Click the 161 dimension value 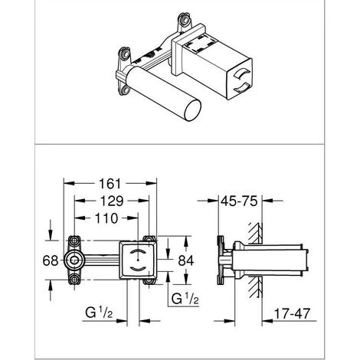point(110,183)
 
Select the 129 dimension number point(112,201)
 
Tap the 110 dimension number point(106,218)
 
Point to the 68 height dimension point(51,260)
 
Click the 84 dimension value point(186,260)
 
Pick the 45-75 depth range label point(239,201)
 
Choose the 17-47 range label point(292,313)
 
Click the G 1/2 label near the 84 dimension point(185,298)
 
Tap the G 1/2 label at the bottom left point(99,312)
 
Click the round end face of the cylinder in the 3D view point(192,110)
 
